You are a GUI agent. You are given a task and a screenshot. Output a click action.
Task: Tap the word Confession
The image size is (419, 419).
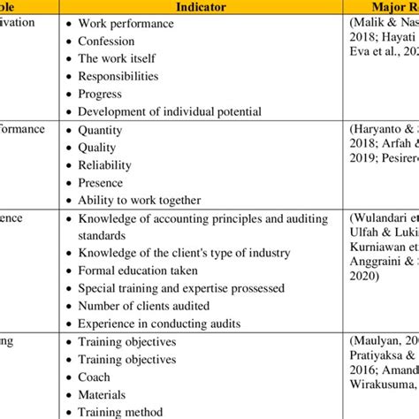point(106,41)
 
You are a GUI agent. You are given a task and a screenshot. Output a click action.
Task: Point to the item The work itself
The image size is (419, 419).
point(113,58)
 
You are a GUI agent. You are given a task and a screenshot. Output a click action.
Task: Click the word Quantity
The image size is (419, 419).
point(101,129)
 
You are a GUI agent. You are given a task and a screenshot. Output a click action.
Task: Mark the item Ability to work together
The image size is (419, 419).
point(139,200)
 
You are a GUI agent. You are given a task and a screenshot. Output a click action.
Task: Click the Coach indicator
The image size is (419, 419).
point(95,377)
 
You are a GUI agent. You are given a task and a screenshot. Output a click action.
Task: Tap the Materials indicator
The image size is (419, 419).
point(103,394)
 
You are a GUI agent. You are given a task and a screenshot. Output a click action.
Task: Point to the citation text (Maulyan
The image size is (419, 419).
point(385,341)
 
